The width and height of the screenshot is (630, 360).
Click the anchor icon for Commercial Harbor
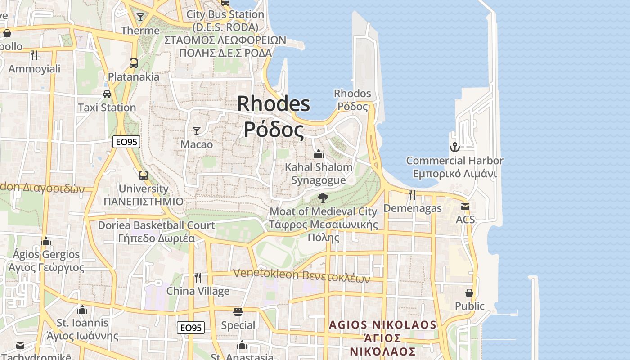[x=454, y=147]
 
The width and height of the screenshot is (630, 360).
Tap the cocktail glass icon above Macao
[x=197, y=131]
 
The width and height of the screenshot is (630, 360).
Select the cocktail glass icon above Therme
[x=140, y=17]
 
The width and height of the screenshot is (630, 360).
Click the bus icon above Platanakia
[x=134, y=63]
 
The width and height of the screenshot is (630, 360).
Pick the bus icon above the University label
[x=143, y=175]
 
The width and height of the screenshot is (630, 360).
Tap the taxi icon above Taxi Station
[x=107, y=94]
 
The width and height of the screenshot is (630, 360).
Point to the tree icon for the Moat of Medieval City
[x=323, y=198]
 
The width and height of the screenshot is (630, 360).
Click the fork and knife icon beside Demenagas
[x=412, y=194]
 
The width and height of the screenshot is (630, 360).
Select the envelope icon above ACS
[x=465, y=207]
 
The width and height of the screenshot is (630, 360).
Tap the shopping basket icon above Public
[x=469, y=293]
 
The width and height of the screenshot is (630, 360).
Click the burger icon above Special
[x=238, y=312]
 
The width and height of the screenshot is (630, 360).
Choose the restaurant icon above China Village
[x=198, y=277]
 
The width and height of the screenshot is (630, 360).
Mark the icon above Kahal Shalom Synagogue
[x=319, y=154]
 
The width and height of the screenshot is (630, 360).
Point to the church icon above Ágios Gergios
[x=45, y=241]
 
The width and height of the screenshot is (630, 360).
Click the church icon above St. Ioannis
[x=82, y=310]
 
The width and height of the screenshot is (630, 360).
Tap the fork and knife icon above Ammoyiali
[x=34, y=55]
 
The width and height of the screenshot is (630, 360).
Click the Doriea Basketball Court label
[x=156, y=225]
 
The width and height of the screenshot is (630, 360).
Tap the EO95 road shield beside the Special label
[x=191, y=328]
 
